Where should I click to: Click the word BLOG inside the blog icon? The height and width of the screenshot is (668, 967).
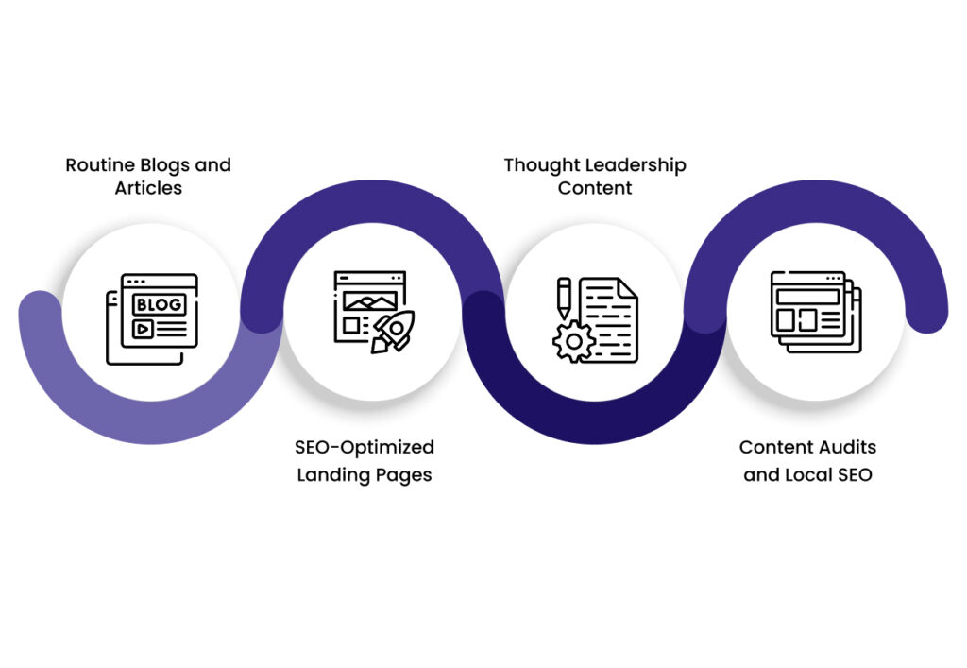tap(158, 304)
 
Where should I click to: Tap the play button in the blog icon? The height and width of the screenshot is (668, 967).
tap(144, 329)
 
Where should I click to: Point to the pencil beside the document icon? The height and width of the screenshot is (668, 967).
tap(564, 297)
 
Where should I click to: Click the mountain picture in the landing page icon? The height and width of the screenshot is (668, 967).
tap(370, 300)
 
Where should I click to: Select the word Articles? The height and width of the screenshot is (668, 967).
tap(148, 188)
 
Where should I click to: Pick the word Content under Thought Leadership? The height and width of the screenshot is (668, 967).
tap(594, 188)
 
